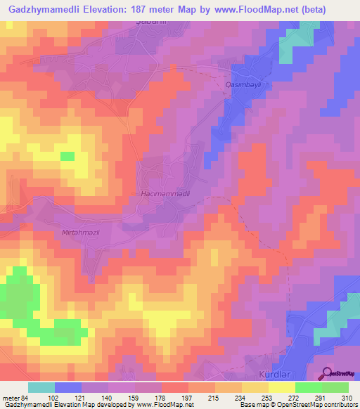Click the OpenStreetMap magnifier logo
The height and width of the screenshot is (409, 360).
327,374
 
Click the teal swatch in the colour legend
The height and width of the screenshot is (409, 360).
41,387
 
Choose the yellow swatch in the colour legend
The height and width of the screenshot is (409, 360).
281,387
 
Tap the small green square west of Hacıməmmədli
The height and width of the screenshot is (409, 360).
67,156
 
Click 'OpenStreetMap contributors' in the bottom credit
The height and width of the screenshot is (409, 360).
316,405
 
